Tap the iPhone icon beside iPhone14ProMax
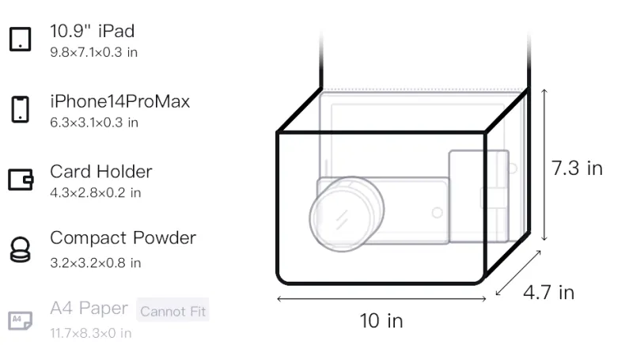20,109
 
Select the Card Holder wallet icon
21,180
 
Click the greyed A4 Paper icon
20,320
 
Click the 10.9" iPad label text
93,32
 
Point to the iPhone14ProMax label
119,101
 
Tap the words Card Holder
100,172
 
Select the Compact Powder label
123,238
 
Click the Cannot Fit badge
173,311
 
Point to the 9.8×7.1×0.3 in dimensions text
94,53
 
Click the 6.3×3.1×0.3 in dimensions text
94,123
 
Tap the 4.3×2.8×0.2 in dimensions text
95,192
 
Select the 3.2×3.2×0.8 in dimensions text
95,263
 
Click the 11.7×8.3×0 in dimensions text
90,332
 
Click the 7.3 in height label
577,169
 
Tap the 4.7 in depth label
548,293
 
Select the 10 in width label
382,320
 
